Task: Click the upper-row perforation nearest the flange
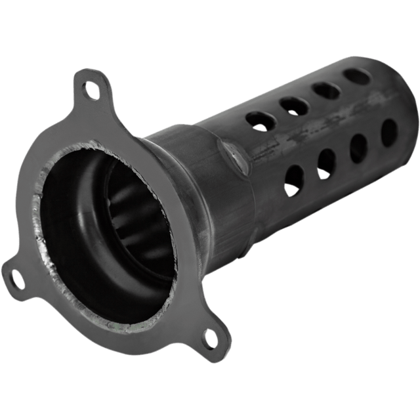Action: click(x=257, y=119)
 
